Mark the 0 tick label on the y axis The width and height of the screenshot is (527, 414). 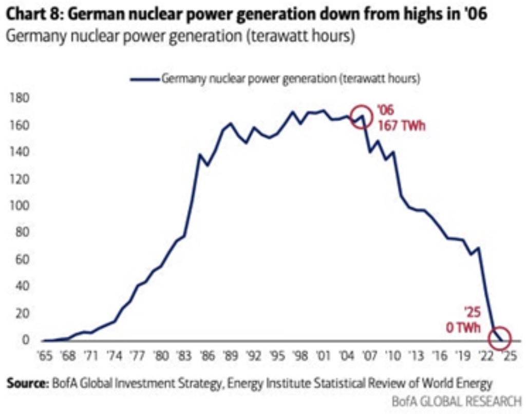click(x=24, y=340)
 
